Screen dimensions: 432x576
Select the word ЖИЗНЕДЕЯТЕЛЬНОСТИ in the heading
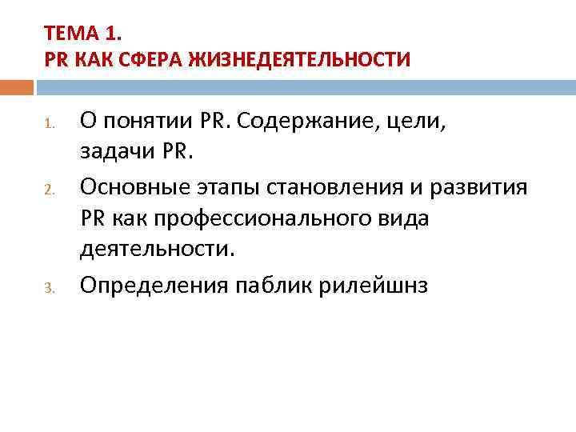[x=298, y=58]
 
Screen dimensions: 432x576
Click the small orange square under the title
[x=17, y=86]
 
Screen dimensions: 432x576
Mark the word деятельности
[x=158, y=249]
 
